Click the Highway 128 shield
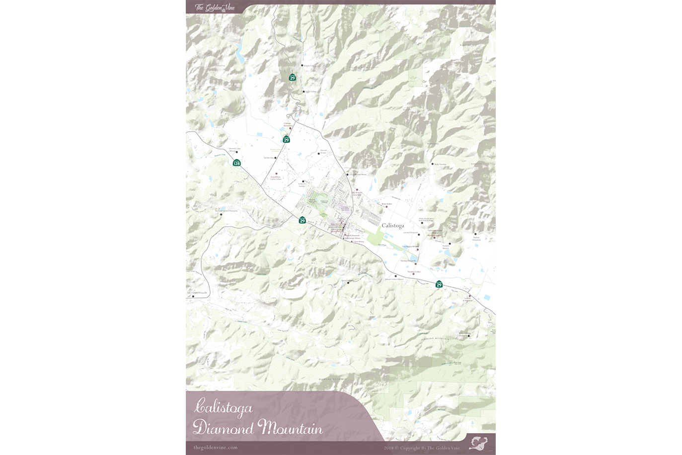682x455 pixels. pos(237,163)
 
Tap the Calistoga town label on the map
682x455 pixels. pos(392,225)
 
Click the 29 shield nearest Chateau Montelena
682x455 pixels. pos(286,140)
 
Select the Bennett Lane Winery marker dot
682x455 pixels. pos(236,153)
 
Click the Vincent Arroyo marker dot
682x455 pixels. pos(319,154)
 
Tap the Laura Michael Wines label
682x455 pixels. pos(358,175)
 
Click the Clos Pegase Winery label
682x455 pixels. pos(410,247)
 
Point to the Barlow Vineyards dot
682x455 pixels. pos(475,234)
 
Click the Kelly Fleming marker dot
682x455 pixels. pos(433,164)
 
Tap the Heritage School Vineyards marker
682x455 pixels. pos(222,214)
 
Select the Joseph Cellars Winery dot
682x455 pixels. pos(396,276)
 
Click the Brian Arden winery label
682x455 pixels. pos(387,204)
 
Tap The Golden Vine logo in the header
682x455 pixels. pos(215,7)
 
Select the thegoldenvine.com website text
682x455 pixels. pos(216,448)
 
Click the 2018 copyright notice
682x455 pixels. pos(422,448)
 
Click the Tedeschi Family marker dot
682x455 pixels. pos(303,182)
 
